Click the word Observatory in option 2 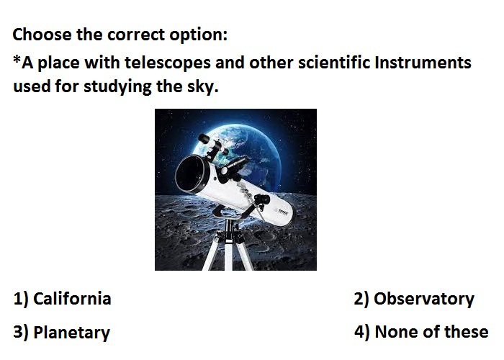pos(423,300)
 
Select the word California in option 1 pos(72,298)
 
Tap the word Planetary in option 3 pos(72,333)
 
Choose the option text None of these pos(431,332)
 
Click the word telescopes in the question pos(167,63)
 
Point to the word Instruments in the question pos(423,62)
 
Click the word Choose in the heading pos(42,34)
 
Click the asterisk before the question pos(17,59)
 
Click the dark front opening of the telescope pos(190,174)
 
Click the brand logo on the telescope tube pos(283,212)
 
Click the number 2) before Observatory pos(361,299)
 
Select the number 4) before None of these pos(362,332)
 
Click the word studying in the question pos(117,86)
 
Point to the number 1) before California pos(21,299)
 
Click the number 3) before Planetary pos(21,332)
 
